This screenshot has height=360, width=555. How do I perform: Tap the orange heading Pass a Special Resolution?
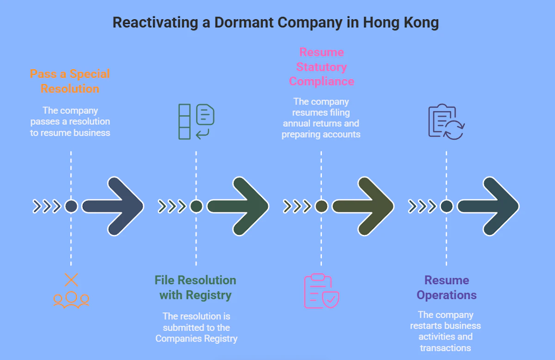[70, 81]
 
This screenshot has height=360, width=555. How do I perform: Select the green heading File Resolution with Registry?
[195, 287]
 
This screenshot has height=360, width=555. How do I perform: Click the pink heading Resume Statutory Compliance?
[321, 67]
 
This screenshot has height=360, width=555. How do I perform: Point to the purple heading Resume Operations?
[446, 287]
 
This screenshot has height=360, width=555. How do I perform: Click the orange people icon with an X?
[71, 291]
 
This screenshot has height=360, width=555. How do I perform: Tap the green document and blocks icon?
[196, 121]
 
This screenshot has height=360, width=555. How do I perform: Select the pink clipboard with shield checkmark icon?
[321, 291]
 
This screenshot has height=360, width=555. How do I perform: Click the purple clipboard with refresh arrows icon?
[446, 121]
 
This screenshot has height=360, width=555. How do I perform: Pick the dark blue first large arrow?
[113, 206]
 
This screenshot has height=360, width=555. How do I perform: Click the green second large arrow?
[239, 206]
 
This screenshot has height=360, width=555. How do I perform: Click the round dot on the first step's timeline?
[71, 206]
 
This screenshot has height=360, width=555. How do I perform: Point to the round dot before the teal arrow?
[446, 206]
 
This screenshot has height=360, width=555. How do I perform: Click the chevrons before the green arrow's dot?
[172, 206]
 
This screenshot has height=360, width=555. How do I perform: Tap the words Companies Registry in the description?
[196, 339]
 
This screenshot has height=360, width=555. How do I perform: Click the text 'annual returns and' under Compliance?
[321, 124]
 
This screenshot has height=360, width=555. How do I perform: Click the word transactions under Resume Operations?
[445, 348]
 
